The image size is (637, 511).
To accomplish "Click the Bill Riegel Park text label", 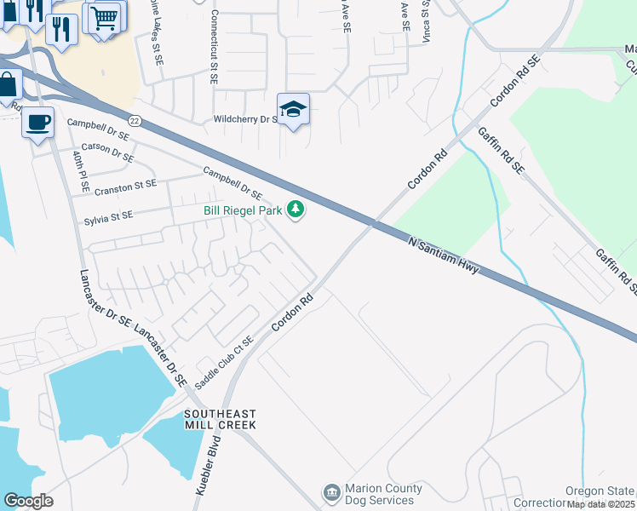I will point(243,210).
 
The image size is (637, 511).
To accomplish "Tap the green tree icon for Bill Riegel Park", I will point(296,209).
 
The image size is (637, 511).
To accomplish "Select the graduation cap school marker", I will point(293,110).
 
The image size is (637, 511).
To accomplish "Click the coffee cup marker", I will point(37,123).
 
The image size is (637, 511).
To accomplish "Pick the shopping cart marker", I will point(104,18).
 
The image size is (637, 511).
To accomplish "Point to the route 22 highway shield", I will point(135,122).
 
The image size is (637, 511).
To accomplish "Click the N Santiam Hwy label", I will point(444,255).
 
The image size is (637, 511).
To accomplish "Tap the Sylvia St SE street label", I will point(109,216).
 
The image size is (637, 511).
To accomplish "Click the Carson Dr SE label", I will point(108,152).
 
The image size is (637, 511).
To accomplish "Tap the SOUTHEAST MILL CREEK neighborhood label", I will point(220,418).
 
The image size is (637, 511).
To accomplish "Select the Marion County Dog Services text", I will point(383,494).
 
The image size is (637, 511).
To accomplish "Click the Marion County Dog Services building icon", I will point(330,493).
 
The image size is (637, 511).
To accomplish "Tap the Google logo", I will point(28,501).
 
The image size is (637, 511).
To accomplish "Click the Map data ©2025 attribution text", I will point(601,504).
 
